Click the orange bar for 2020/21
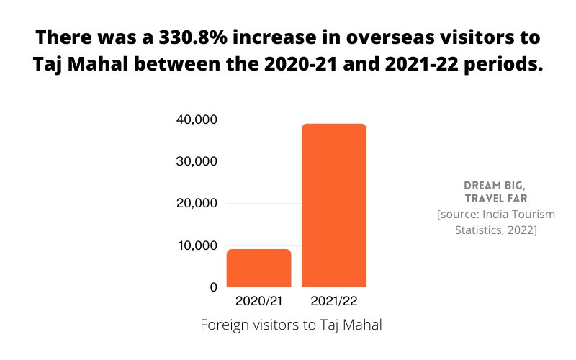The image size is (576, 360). tap(258, 269)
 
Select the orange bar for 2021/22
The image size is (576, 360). tap(333, 206)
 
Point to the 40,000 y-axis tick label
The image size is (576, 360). tap(197, 120)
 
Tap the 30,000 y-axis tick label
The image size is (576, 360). tap(197, 161)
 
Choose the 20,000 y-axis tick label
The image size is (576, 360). tap(197, 204)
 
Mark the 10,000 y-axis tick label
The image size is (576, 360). tap(197, 246)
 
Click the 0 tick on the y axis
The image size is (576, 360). tap(213, 287)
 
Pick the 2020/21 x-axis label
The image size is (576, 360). tap(258, 300)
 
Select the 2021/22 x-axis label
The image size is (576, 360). tap(333, 300)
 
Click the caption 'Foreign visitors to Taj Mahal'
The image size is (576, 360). tap(290, 325)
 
